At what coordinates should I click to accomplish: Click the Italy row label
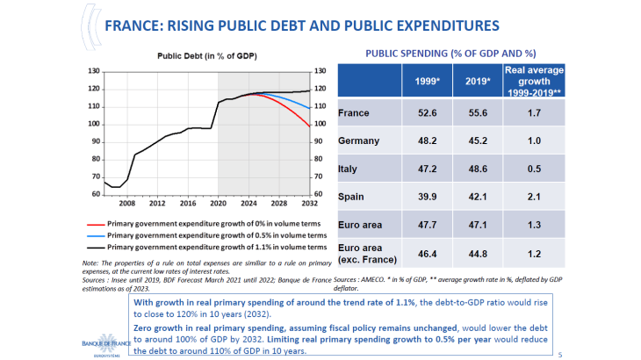[x=347, y=169]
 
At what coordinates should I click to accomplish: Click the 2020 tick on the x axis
[x=218, y=201]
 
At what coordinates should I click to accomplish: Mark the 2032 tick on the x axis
[x=310, y=201]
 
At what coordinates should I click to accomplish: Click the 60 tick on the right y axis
[x=320, y=194]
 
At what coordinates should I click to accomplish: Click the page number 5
[x=561, y=354]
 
